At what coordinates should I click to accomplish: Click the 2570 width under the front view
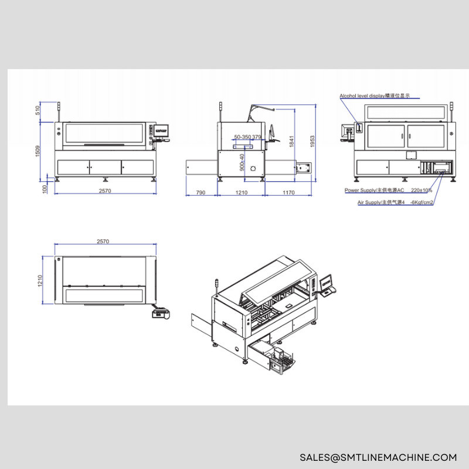coord(104,192)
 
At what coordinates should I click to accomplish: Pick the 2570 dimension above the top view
coord(103,242)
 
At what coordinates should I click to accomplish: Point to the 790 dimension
coord(200,192)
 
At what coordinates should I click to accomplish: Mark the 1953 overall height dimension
coord(313,141)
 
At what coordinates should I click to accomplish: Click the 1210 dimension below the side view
coord(241,192)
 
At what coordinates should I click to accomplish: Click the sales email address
coord(378,457)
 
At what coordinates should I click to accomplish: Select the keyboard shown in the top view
coord(160,314)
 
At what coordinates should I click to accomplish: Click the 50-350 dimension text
coord(242,137)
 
